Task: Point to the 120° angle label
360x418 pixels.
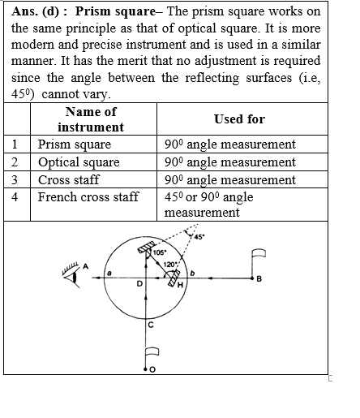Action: (170, 264)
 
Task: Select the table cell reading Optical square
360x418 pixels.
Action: (78, 162)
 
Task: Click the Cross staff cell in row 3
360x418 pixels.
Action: (67, 179)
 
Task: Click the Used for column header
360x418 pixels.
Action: (239, 119)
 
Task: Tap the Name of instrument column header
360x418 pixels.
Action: (91, 119)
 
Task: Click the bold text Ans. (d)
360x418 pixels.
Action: (33, 12)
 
